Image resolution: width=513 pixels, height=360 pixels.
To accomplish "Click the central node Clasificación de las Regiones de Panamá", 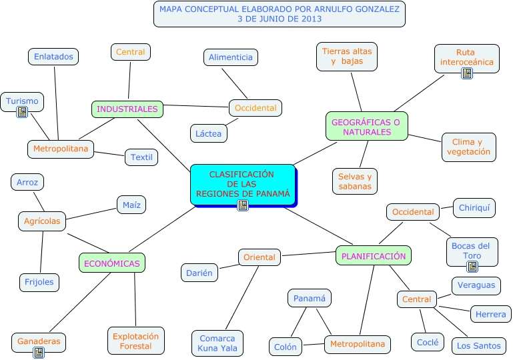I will pyautogui.click(x=241, y=184).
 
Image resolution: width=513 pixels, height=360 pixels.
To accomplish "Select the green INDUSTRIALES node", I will pyautogui.click(x=127, y=109).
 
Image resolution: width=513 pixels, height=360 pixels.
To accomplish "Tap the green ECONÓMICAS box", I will pyautogui.click(x=112, y=263).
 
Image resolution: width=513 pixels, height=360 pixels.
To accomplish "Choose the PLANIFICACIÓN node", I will pyautogui.click(x=373, y=255).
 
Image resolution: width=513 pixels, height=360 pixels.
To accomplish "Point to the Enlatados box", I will pyautogui.click(x=53, y=57).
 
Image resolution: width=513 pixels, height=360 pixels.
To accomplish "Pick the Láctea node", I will pyautogui.click(x=209, y=133).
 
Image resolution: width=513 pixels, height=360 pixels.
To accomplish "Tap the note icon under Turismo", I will pyautogui.click(x=22, y=112).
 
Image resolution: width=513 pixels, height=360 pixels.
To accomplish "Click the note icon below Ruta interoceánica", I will pyautogui.click(x=467, y=73).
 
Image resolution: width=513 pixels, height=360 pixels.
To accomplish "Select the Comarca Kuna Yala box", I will pyautogui.click(x=217, y=343).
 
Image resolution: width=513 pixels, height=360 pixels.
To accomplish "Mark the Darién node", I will pyautogui.click(x=199, y=272).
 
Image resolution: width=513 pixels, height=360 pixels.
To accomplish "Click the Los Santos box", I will pyautogui.click(x=478, y=345).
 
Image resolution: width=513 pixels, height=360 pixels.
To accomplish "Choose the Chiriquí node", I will pyautogui.click(x=474, y=208).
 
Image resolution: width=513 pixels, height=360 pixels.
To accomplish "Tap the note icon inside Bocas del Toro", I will pyautogui.click(x=472, y=267).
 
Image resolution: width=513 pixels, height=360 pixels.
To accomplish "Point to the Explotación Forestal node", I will pyautogui.click(x=135, y=341).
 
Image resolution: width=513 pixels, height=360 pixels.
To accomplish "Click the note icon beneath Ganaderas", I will pyautogui.click(x=39, y=352).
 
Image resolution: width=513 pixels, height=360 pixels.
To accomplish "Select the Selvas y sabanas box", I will pyautogui.click(x=355, y=181).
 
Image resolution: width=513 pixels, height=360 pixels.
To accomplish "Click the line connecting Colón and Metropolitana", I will pyautogui.click(x=314, y=345).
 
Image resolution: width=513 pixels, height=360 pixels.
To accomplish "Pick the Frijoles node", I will pyautogui.click(x=39, y=282).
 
